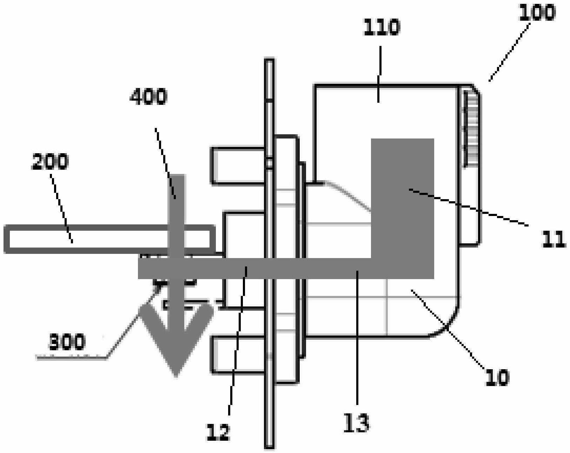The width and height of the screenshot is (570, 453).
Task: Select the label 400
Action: point(148,96)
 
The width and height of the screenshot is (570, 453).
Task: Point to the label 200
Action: point(50,162)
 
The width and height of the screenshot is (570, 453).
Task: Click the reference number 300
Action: point(66,342)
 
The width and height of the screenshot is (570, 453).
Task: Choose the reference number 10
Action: point(496,378)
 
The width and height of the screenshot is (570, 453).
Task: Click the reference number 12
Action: point(218,432)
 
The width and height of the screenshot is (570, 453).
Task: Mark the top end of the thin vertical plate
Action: point(269,63)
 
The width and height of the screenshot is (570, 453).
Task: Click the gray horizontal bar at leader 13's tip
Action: point(357,269)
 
